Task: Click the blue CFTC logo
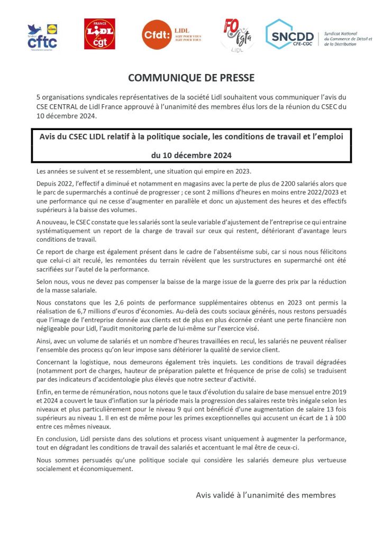42,36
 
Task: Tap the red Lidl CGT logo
99,34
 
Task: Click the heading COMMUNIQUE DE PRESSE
191,78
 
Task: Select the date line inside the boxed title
191,155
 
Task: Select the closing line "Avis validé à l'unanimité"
266,495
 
